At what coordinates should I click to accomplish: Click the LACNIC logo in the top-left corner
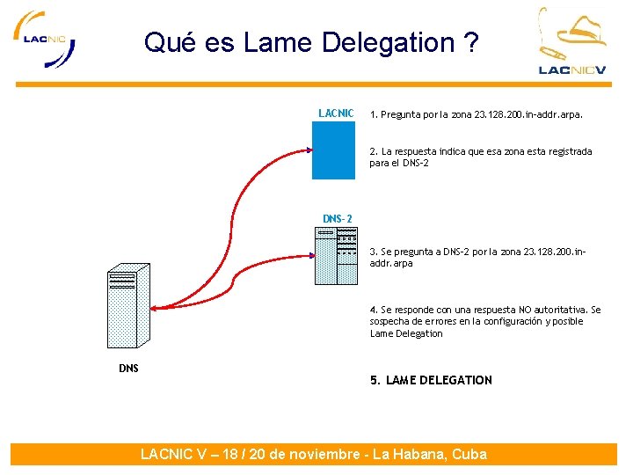point(44,40)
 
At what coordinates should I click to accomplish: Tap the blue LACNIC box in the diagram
point(333,150)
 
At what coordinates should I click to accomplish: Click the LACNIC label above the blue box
point(336,113)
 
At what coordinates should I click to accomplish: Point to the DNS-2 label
point(337,218)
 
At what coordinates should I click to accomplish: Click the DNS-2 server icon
point(336,256)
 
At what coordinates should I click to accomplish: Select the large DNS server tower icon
point(127,308)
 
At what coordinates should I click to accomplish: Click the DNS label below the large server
point(128,368)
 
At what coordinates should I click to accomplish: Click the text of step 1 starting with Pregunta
point(476,114)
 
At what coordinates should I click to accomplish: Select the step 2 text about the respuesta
point(480,157)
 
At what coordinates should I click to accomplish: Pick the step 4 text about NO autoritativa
point(484,321)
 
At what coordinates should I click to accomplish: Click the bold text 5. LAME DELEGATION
point(431,380)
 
